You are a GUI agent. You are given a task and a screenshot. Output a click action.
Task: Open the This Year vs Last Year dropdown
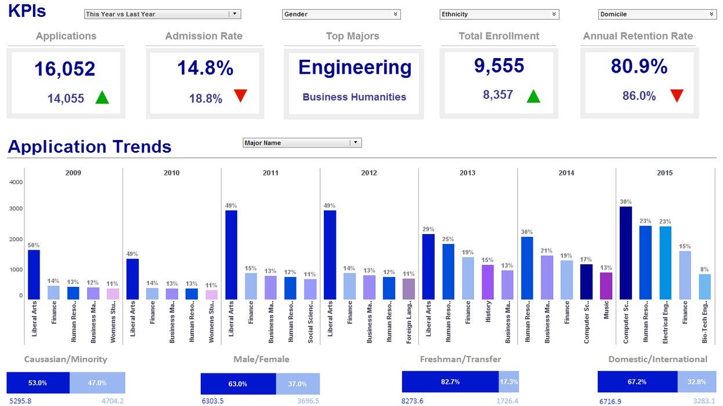click(x=162, y=14)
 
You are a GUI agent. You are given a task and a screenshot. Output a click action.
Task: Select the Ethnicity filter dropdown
click(x=499, y=14)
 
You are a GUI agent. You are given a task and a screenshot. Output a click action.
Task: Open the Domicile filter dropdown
click(x=657, y=14)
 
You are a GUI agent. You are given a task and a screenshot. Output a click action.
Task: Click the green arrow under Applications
click(x=102, y=98)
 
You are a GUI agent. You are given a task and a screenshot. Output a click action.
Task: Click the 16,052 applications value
click(x=64, y=69)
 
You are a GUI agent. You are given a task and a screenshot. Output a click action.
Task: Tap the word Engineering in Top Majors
click(x=355, y=68)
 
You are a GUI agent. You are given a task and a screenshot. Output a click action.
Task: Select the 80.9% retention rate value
click(x=639, y=67)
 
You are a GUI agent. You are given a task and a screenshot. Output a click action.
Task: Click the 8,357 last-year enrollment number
click(x=498, y=95)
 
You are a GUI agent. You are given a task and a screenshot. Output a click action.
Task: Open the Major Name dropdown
click(x=302, y=143)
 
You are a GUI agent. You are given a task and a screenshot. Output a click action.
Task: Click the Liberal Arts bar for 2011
click(x=231, y=255)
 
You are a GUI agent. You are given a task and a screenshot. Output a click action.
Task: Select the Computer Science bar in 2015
click(x=626, y=253)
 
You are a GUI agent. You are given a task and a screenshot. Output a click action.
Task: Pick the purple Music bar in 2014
click(x=606, y=286)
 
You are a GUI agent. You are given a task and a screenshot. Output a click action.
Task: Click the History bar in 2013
click(x=487, y=282)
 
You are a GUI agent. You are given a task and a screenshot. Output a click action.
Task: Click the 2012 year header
click(x=368, y=173)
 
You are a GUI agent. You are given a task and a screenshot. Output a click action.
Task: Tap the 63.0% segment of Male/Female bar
click(x=238, y=384)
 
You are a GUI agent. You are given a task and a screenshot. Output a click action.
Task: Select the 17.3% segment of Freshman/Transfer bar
click(x=509, y=382)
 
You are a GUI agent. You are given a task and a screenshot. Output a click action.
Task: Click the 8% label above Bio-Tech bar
click(x=704, y=269)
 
